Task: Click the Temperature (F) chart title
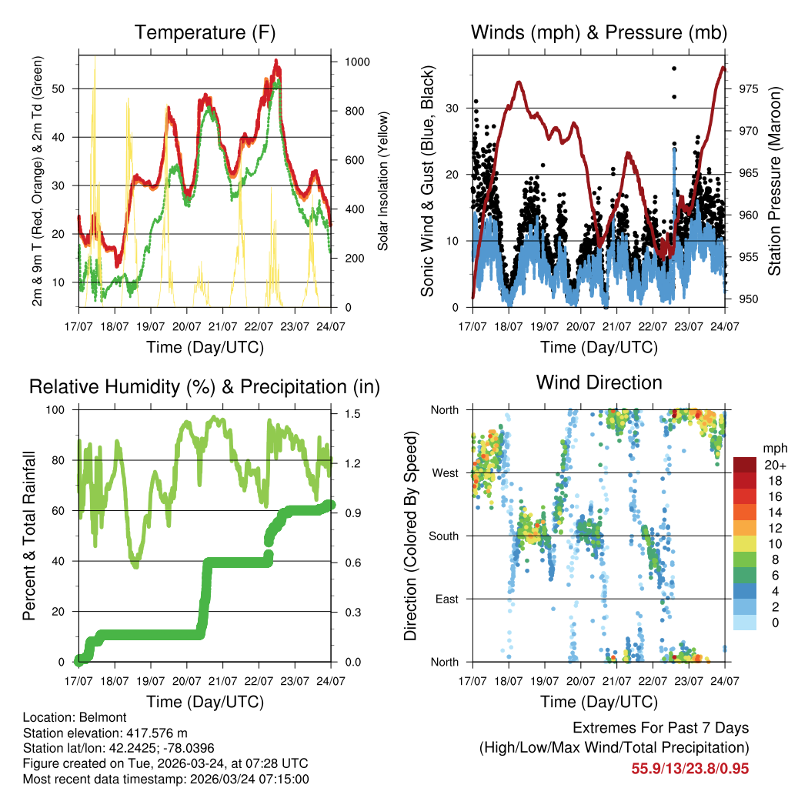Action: coord(205,32)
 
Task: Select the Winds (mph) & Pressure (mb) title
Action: coord(599,32)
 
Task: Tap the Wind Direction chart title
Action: coord(599,382)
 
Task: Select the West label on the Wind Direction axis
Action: coord(446,472)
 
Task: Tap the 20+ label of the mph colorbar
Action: coord(773,465)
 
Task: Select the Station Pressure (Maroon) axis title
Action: coord(775,182)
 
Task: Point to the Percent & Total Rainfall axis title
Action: coord(28,536)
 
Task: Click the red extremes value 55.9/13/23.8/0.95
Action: coord(690,768)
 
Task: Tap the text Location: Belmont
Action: coord(69,717)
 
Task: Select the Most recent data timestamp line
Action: coord(165,779)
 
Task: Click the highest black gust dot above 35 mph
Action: coord(674,68)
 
